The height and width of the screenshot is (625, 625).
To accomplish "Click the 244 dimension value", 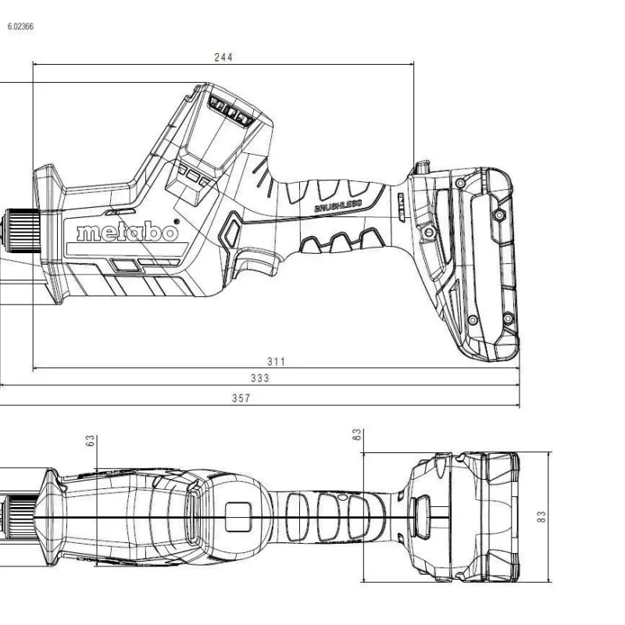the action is pos(223,57).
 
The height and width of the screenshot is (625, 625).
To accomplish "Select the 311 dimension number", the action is pos(277,362).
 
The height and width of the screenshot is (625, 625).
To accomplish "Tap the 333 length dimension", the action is pos(260,378).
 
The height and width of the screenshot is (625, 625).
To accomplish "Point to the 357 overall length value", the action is pos(241,398).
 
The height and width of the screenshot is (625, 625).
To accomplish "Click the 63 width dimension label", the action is pos(91,441).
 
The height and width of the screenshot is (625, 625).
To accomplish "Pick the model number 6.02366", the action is pos(20,27).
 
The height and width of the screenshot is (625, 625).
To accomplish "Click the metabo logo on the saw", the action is pos(127,231).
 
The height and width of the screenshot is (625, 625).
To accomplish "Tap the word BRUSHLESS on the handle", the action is pos(338,206).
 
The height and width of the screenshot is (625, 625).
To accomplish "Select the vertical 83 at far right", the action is pos(541,517).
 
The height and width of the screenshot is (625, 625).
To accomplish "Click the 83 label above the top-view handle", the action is pos(357,434).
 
